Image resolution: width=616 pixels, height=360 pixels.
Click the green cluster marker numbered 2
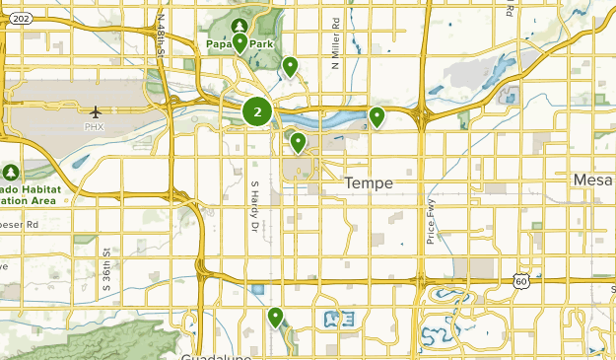(x=257, y=111)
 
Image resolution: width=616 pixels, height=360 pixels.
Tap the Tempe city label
(x=370, y=183)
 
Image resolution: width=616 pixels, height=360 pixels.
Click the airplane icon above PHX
(x=95, y=110)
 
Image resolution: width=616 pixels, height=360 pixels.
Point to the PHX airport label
(x=95, y=126)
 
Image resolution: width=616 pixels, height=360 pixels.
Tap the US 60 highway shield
(x=521, y=281)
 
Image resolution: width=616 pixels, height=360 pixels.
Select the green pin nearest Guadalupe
(x=276, y=319)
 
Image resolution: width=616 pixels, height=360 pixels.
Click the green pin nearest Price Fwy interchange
(x=376, y=118)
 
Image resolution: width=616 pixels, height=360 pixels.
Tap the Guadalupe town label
(x=214, y=355)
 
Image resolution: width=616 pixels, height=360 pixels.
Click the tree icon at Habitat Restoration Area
(x=11, y=172)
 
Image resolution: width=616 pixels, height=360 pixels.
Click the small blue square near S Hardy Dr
(x=257, y=290)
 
